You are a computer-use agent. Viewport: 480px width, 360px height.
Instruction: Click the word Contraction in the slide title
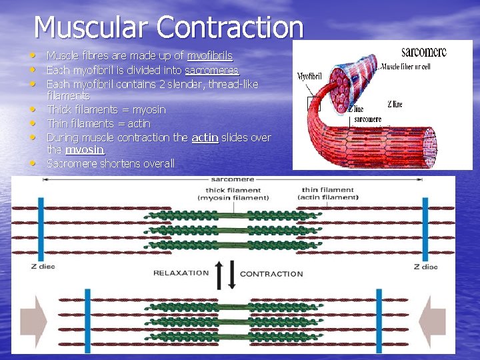click(230, 27)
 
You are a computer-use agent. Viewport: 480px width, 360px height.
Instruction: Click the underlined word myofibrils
click(209, 56)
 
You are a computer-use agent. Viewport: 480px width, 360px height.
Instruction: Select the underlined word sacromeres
click(211, 70)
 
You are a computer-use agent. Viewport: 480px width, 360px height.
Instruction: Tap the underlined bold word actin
click(205, 137)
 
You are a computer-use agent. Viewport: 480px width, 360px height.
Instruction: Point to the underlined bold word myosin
click(85, 150)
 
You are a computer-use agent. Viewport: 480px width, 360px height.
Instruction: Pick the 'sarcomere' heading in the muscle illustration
click(423, 52)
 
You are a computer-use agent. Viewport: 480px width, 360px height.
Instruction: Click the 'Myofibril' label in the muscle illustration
click(309, 76)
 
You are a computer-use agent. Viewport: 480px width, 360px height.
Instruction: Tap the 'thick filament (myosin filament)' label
click(237, 193)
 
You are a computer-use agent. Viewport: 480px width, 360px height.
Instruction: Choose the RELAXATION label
click(181, 273)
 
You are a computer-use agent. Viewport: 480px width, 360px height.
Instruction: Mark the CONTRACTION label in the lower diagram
click(271, 274)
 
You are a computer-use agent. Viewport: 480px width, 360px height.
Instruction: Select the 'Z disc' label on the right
click(425, 267)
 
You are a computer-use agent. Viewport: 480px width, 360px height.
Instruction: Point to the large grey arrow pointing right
click(33, 315)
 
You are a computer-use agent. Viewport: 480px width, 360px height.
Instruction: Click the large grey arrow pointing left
click(435, 315)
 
